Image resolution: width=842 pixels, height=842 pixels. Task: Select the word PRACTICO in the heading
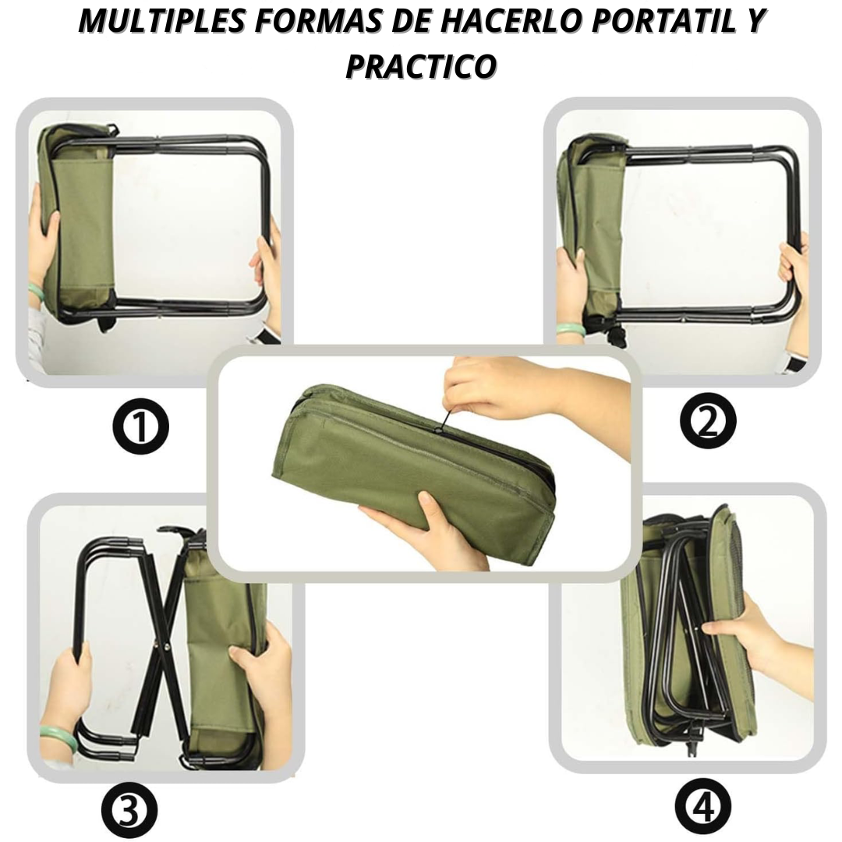[421, 67]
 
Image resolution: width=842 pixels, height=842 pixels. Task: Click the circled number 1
[140, 426]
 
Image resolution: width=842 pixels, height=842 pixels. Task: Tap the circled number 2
[706, 421]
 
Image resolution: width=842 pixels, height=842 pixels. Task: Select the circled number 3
[129, 811]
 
